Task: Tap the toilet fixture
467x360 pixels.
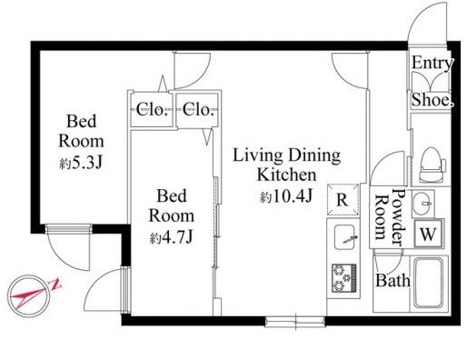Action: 432,165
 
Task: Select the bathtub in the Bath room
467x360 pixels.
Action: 429,283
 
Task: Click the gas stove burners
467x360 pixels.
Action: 343,278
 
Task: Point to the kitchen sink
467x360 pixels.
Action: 345,237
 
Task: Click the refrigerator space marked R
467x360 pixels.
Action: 343,200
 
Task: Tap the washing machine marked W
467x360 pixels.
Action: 428,234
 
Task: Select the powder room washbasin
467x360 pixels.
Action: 422,204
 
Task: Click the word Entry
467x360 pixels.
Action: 432,64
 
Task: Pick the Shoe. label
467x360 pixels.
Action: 432,100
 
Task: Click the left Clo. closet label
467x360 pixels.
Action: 152,110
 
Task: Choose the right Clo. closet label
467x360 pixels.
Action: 198,110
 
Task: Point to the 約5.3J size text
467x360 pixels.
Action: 81,163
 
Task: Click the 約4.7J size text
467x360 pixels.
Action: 171,238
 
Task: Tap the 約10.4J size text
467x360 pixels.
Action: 286,196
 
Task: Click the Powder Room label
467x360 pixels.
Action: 390,217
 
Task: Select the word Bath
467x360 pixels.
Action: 392,280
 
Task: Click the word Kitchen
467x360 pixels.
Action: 286,175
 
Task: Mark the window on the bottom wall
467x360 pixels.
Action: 295,321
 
